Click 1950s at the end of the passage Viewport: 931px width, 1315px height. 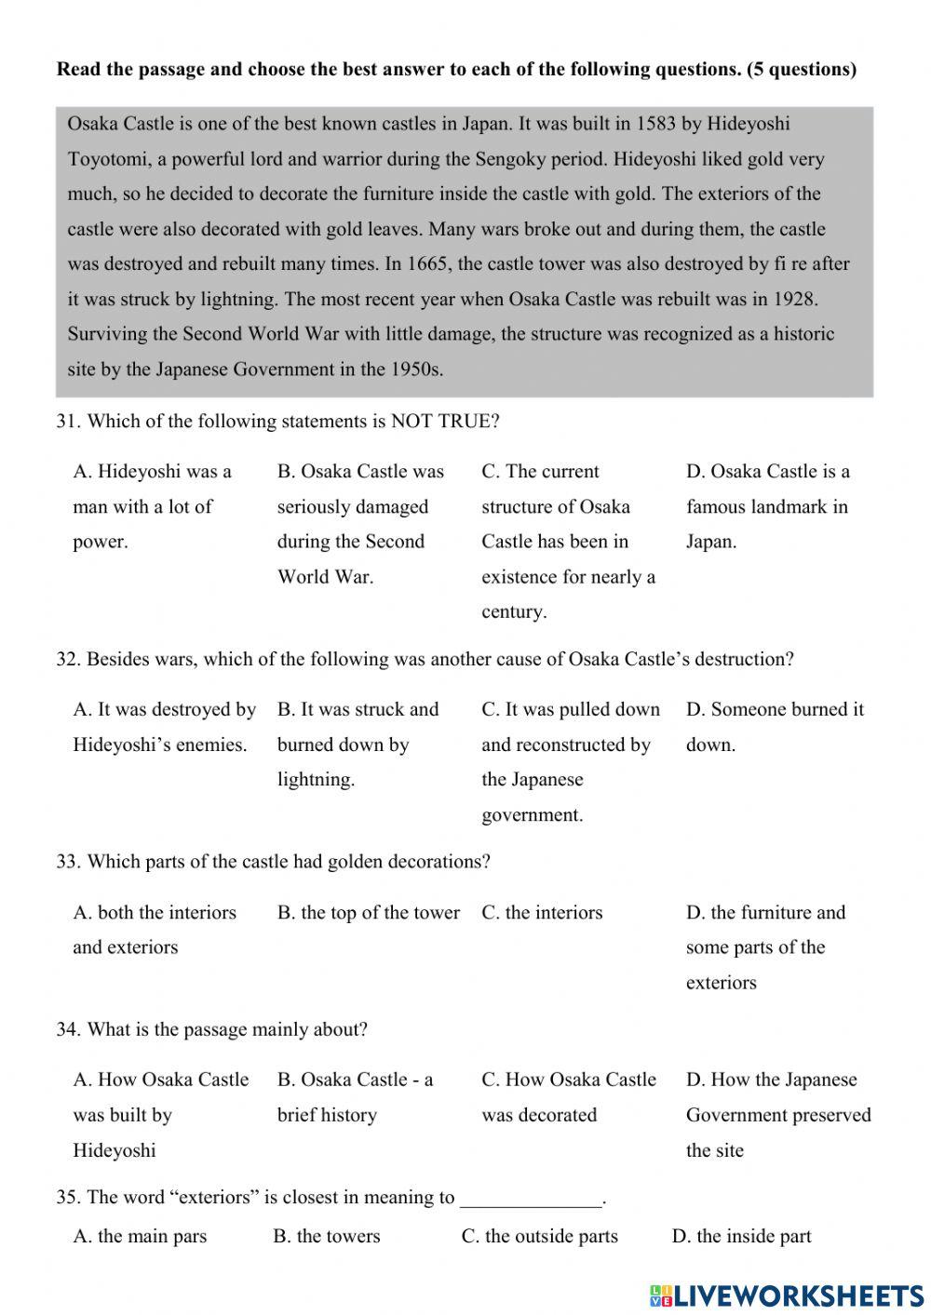413,369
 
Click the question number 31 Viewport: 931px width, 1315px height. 68,422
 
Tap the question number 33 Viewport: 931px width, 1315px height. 68,862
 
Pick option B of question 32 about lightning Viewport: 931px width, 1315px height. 358,745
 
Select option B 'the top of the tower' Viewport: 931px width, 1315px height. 368,913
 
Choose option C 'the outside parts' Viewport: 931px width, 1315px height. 540,1237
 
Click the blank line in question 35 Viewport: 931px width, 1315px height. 532,1199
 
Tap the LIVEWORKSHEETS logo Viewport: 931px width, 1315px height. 787,1295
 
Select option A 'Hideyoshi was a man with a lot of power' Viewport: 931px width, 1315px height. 152,506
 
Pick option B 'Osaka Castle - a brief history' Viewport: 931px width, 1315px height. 355,1097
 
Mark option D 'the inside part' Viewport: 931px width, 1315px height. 741,1237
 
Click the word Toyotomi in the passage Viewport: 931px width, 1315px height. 107,159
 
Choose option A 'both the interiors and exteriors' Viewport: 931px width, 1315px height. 154,930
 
